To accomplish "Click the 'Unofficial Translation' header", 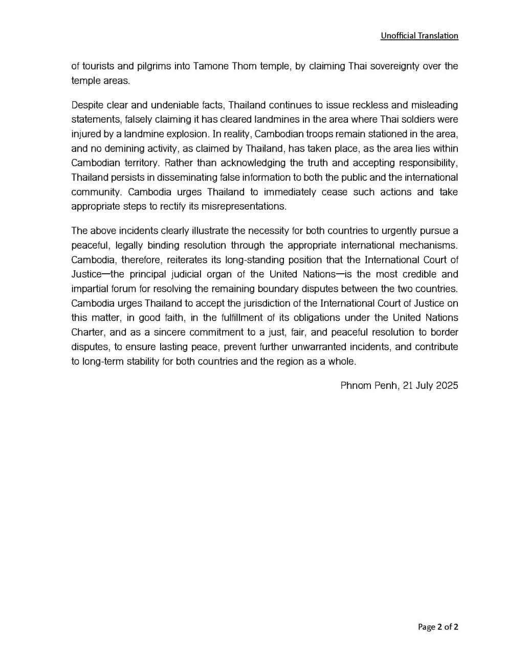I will (x=419, y=36).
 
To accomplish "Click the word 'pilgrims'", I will (x=147, y=67).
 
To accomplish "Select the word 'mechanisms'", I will (x=430, y=245).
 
